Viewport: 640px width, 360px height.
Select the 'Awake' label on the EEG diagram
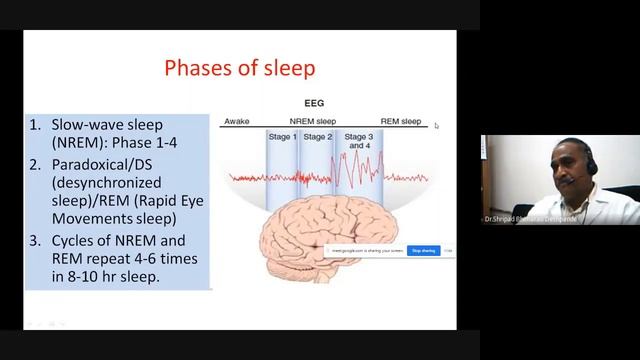click(x=236, y=121)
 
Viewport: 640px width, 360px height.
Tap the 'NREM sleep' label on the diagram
click(x=316, y=121)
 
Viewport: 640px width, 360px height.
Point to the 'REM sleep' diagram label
click(x=401, y=121)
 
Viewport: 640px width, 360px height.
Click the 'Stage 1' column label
click(x=281, y=137)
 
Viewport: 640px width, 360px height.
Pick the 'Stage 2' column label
click(x=317, y=137)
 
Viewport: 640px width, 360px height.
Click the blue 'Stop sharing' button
click(x=423, y=251)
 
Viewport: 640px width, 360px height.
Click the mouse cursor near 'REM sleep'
click(x=436, y=126)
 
